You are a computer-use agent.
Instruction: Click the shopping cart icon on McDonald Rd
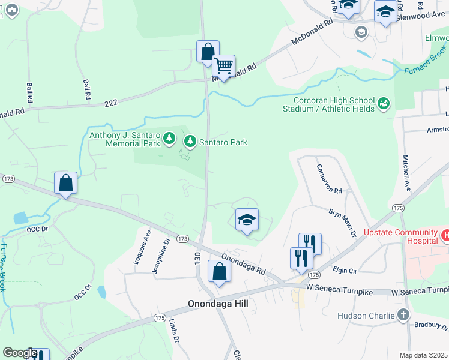223,66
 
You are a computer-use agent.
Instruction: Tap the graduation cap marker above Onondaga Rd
246,220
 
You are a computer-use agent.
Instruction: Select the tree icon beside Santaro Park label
190,142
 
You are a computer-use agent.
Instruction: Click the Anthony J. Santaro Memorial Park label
124,139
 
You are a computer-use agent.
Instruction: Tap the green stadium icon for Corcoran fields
383,104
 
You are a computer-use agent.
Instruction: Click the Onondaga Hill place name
218,304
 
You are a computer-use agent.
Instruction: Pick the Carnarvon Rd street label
329,178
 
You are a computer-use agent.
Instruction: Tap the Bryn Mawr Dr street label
343,222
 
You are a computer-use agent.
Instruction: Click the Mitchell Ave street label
406,175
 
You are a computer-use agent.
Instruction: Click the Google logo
20,353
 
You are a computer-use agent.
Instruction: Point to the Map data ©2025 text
423,355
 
